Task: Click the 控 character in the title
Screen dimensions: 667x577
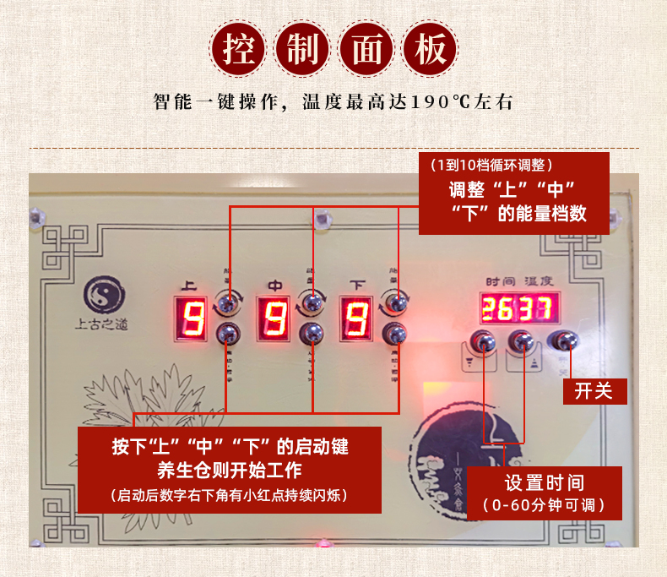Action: [x=240, y=52]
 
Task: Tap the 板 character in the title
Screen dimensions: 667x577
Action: [x=428, y=52]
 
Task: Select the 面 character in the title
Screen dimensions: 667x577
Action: [x=366, y=52]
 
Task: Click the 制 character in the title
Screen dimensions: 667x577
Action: [x=302, y=52]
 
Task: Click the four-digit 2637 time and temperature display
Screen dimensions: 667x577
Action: [x=517, y=308]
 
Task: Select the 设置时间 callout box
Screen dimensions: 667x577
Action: [x=544, y=493]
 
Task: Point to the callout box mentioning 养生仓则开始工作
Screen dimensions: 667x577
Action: [x=229, y=469]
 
